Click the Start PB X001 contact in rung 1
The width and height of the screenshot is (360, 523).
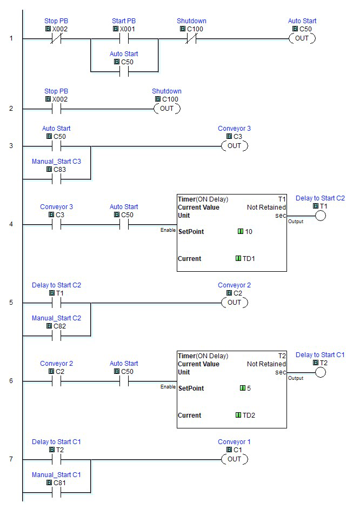pyautogui.click(x=124, y=39)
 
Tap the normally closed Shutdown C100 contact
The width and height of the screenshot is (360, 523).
pyautogui.click(x=191, y=39)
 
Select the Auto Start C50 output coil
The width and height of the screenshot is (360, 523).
pyautogui.click(x=302, y=38)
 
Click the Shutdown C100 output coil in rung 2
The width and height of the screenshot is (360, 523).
pyautogui.click(x=167, y=109)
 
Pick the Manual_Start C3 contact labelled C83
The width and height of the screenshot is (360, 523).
pyautogui.click(x=56, y=179)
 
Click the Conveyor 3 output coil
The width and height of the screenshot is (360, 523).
pyautogui.click(x=235, y=146)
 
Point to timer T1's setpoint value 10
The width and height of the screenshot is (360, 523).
pyautogui.click(x=249, y=231)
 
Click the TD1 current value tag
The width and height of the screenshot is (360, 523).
pyautogui.click(x=249, y=258)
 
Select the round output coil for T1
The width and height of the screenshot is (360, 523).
pyautogui.click(x=321, y=216)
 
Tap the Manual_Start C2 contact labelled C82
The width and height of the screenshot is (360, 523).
pyautogui.click(x=56, y=336)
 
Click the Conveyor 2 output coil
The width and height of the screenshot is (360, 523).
pyautogui.click(x=235, y=303)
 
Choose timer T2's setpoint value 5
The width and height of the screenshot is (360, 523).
pyautogui.click(x=249, y=388)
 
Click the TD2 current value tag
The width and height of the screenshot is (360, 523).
pyautogui.click(x=249, y=415)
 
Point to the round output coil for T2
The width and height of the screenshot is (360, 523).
pyautogui.click(x=321, y=373)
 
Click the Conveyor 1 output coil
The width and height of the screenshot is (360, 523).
pyautogui.click(x=235, y=459)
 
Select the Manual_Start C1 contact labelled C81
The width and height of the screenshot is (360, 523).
pyautogui.click(x=56, y=493)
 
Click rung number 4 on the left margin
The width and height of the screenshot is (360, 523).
pyautogui.click(x=11, y=224)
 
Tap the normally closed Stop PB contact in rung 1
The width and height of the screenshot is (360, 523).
pyautogui.click(x=56, y=39)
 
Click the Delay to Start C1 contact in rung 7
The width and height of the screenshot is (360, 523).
pyautogui.click(x=56, y=460)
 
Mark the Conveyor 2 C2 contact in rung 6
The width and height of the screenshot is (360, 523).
pyautogui.click(x=56, y=381)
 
